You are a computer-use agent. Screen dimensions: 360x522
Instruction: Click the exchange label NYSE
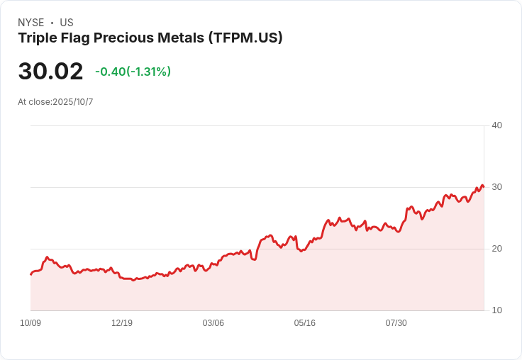pyautogui.click(x=30, y=23)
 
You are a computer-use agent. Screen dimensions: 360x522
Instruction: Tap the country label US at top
pyautogui.click(x=67, y=23)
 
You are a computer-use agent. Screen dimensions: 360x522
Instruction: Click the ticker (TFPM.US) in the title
pyautogui.click(x=245, y=38)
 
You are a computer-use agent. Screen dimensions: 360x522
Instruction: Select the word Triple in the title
pyautogui.click(x=38, y=38)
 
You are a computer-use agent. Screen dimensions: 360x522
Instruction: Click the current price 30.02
pyautogui.click(x=50, y=72)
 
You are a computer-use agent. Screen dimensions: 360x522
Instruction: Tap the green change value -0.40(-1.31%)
pyautogui.click(x=133, y=72)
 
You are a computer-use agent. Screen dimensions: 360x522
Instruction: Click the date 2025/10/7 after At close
pyautogui.click(x=73, y=102)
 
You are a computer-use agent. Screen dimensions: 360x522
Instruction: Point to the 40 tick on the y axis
pyautogui.click(x=497, y=125)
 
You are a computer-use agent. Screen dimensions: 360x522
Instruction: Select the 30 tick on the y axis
pyautogui.click(x=497, y=187)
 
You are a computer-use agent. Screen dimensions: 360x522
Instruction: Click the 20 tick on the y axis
pyautogui.click(x=497, y=249)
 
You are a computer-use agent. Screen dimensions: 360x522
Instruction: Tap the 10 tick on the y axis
pyautogui.click(x=497, y=310)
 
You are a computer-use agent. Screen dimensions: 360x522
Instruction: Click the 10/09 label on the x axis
pyautogui.click(x=30, y=323)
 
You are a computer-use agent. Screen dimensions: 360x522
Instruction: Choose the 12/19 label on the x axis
pyautogui.click(x=122, y=323)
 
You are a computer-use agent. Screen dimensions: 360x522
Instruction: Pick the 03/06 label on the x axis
pyautogui.click(x=213, y=323)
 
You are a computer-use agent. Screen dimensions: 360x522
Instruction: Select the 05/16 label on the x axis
pyautogui.click(x=305, y=323)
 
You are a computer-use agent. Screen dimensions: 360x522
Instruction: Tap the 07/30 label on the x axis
pyautogui.click(x=396, y=323)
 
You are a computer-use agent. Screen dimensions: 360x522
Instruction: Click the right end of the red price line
pyautogui.click(x=484, y=186)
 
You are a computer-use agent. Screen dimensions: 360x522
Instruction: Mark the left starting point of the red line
pyautogui.click(x=31, y=274)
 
